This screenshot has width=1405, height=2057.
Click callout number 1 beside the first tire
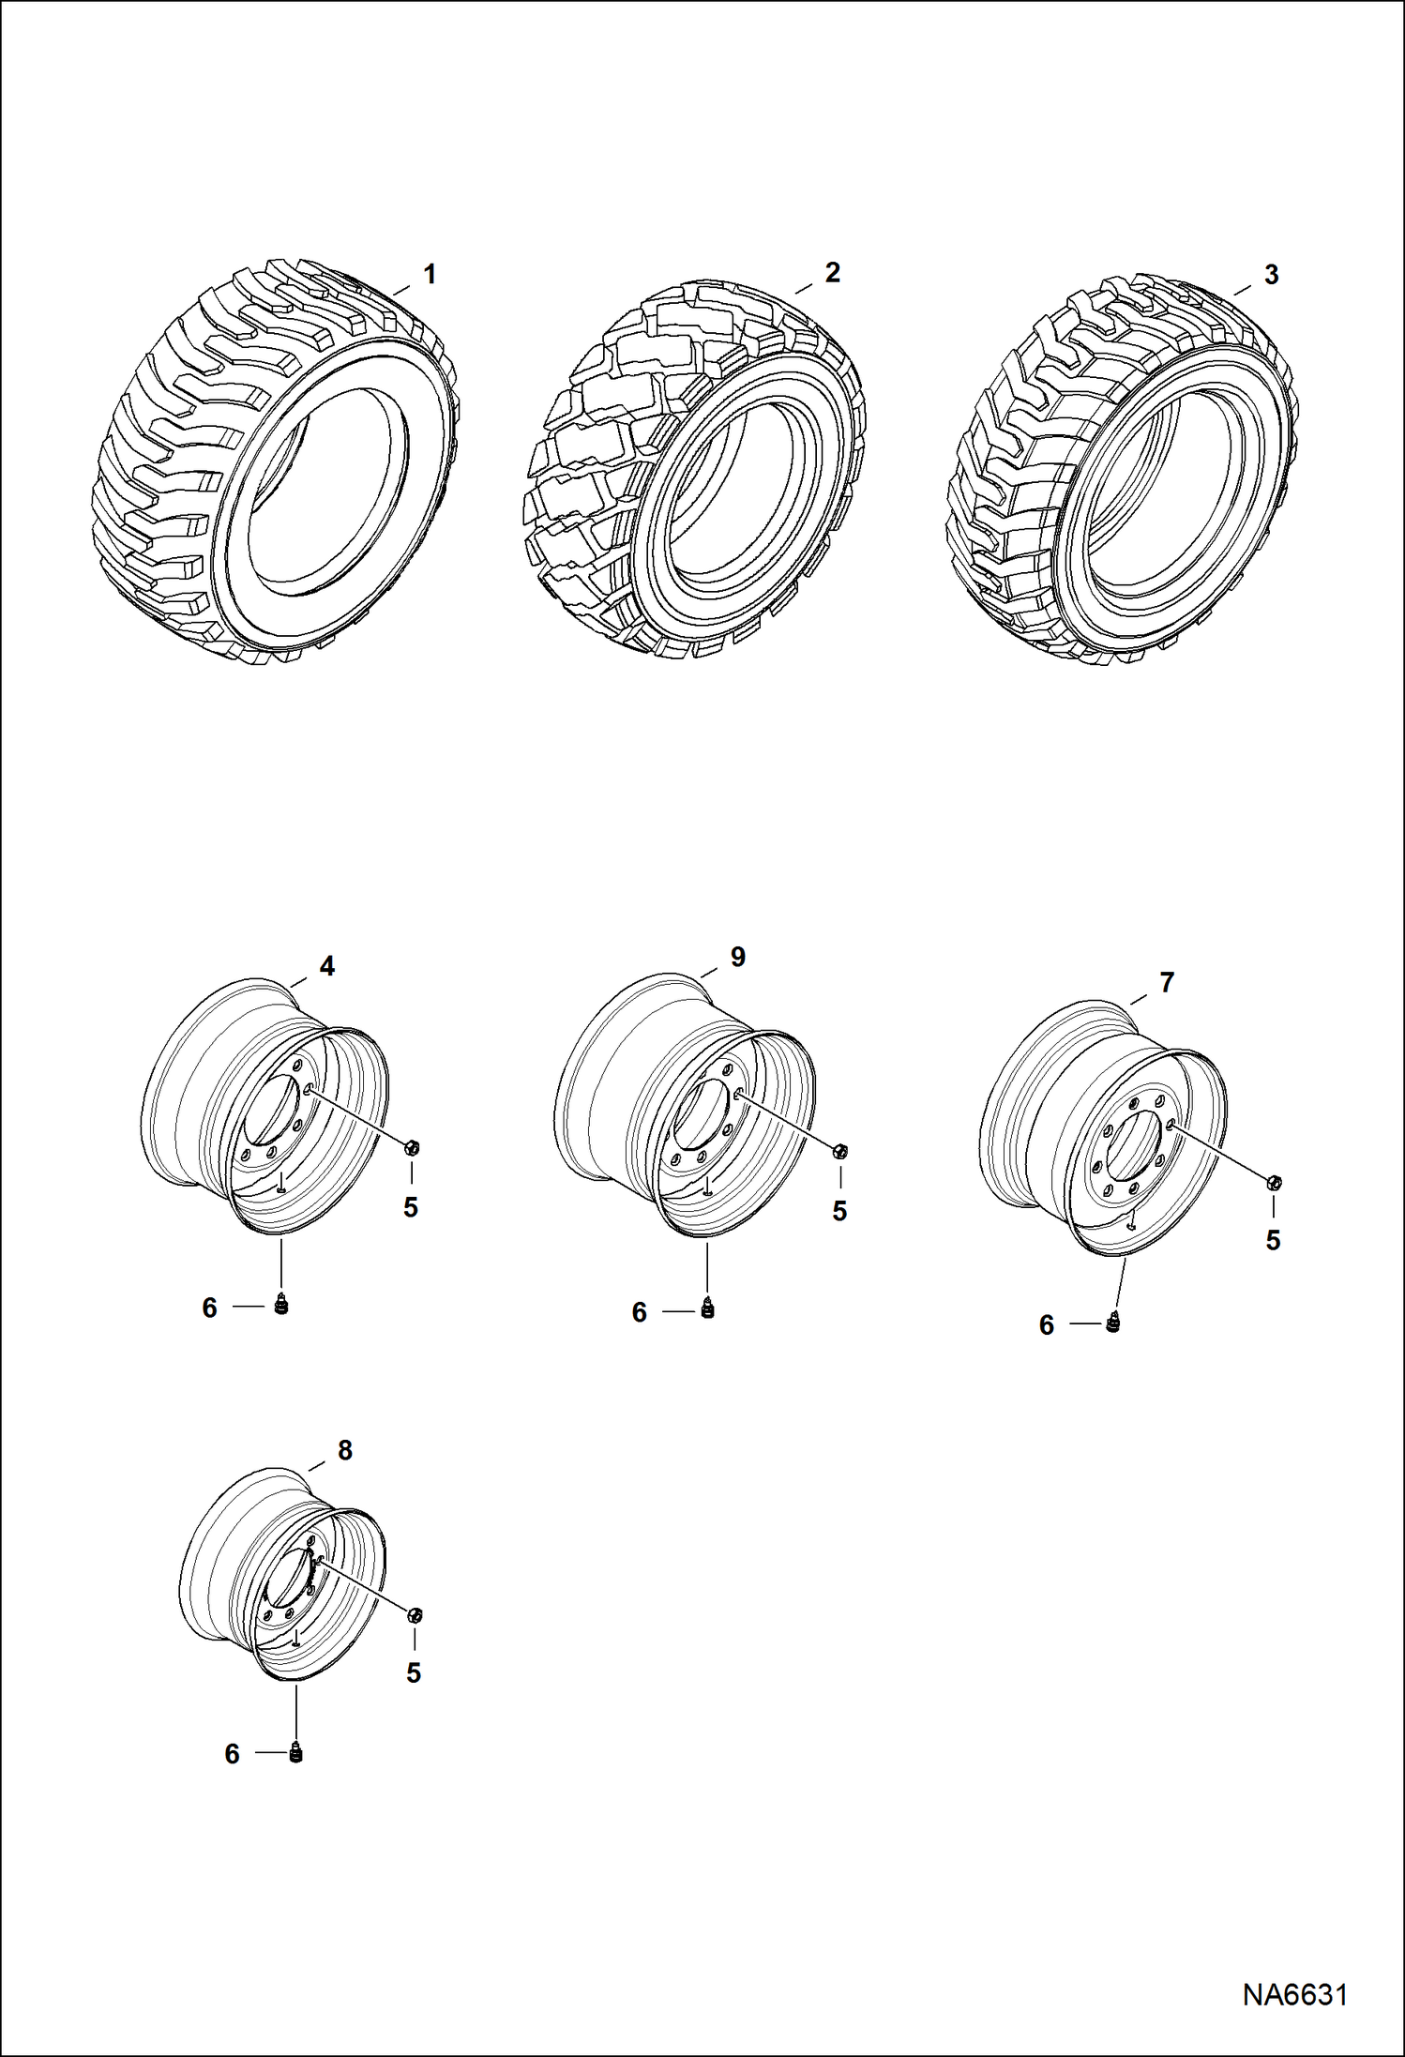pyautogui.click(x=430, y=275)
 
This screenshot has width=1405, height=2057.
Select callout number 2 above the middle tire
pyautogui.click(x=832, y=272)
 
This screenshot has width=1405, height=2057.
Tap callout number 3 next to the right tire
pyautogui.click(x=1271, y=275)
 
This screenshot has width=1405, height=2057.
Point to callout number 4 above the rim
pyautogui.click(x=326, y=966)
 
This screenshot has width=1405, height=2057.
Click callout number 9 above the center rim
pyautogui.click(x=737, y=957)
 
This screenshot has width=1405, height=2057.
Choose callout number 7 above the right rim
pyautogui.click(x=1167, y=983)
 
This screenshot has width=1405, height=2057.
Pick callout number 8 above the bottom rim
pyautogui.click(x=344, y=1450)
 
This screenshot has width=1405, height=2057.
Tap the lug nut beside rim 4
pyautogui.click(x=412, y=1146)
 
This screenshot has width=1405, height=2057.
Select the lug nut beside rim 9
pyautogui.click(x=840, y=1150)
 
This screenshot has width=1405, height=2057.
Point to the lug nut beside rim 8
pyautogui.click(x=416, y=1614)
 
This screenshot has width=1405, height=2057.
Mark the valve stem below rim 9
pyautogui.click(x=708, y=1310)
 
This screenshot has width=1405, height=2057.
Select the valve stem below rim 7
pyautogui.click(x=1113, y=1323)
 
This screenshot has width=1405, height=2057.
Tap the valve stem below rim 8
pyautogui.click(x=296, y=1752)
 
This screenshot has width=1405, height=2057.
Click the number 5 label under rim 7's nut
pyautogui.click(x=1273, y=1240)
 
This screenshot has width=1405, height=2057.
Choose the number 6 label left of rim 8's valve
pyautogui.click(x=232, y=1754)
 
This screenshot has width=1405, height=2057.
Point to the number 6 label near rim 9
pyautogui.click(x=639, y=1312)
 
